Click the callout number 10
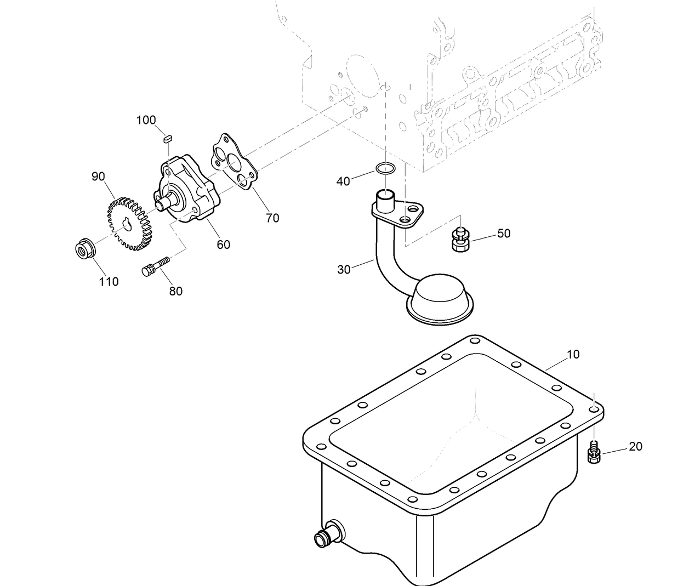click(x=572, y=355)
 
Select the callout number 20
click(x=635, y=447)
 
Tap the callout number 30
click(x=344, y=270)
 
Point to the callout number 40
click(x=343, y=181)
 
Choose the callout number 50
click(x=504, y=234)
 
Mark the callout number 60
click(x=223, y=245)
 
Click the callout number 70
click(x=272, y=218)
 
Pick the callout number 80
click(x=175, y=292)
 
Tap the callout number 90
click(x=98, y=177)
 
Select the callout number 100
click(x=146, y=120)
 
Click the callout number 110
click(x=109, y=282)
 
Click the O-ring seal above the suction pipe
click(x=385, y=168)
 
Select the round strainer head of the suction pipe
click(x=441, y=299)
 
